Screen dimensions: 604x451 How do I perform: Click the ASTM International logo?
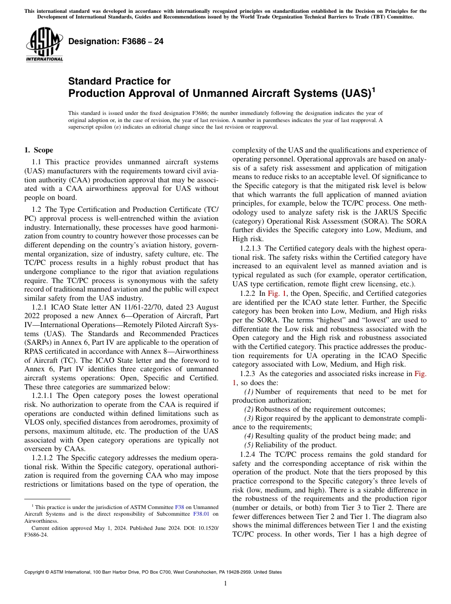[44, 45]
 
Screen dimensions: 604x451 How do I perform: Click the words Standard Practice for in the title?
[119, 81]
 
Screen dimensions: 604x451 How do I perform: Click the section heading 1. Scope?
[39, 150]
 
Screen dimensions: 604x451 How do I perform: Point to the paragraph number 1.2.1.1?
[43, 396]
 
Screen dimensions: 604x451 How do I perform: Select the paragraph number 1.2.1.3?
[251, 248]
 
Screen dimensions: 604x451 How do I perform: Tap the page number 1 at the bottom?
[225, 583]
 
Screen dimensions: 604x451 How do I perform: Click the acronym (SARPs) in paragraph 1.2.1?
[38, 342]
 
